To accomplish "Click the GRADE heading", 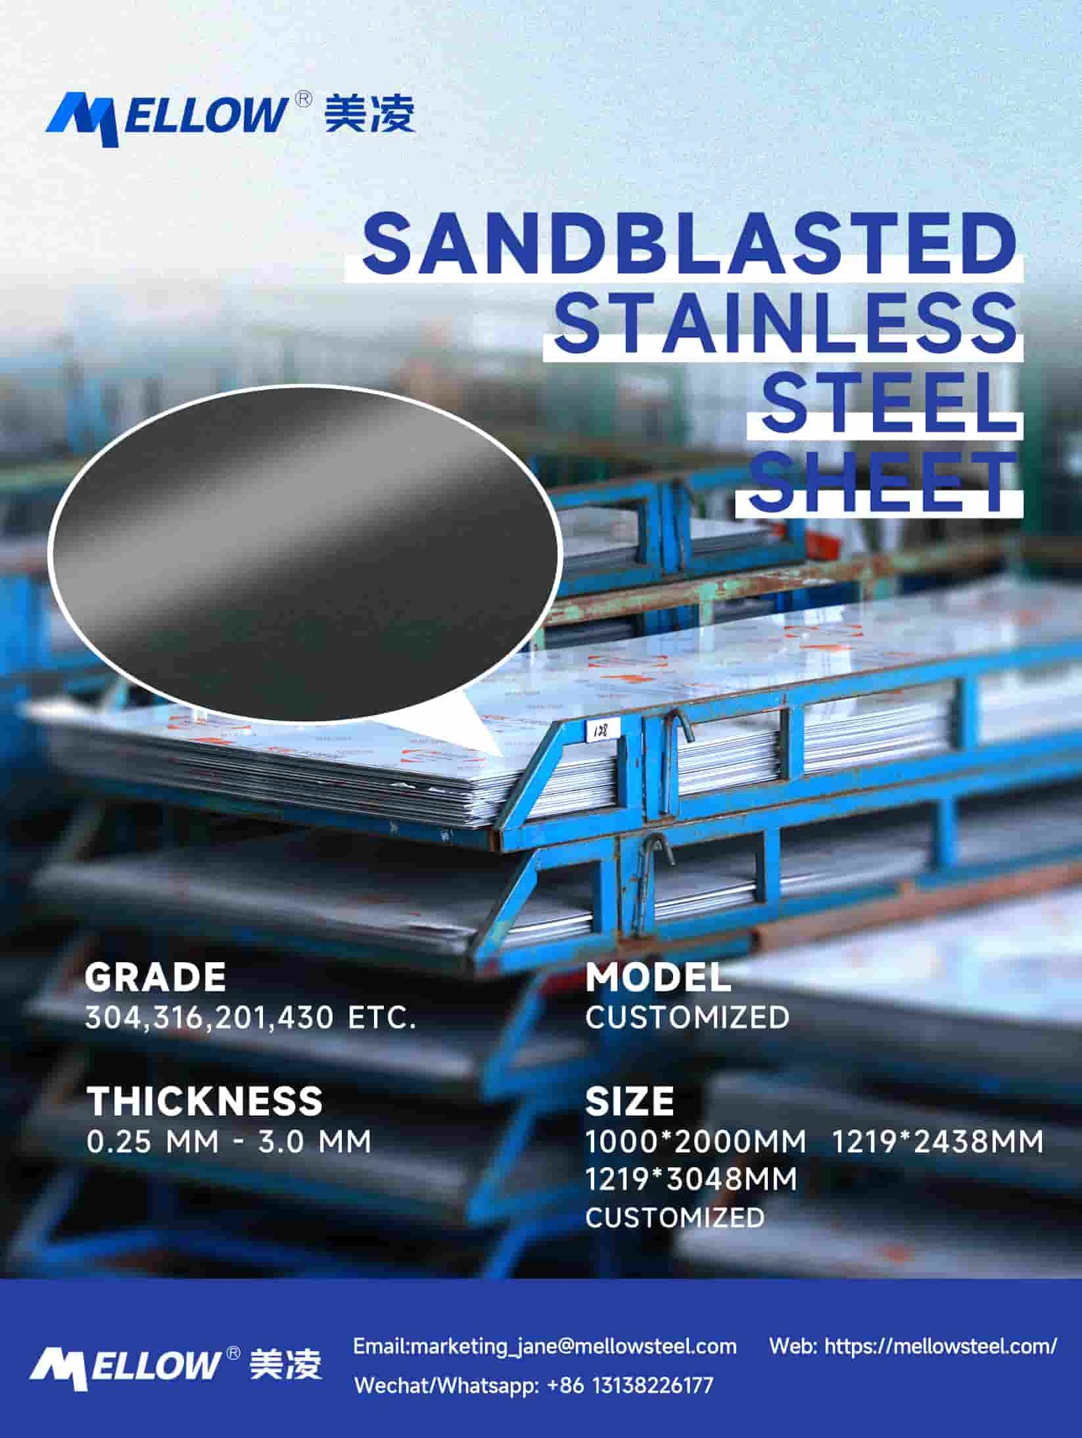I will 155,977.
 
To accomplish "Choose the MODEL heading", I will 658,977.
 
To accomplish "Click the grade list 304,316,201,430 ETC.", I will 250,1018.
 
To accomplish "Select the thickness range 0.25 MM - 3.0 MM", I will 229,1142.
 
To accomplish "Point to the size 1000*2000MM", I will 695,1142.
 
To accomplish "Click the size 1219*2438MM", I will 938,1142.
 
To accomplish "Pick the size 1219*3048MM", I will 691,1180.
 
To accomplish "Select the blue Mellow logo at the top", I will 230,116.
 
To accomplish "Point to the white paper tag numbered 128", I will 600,730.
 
